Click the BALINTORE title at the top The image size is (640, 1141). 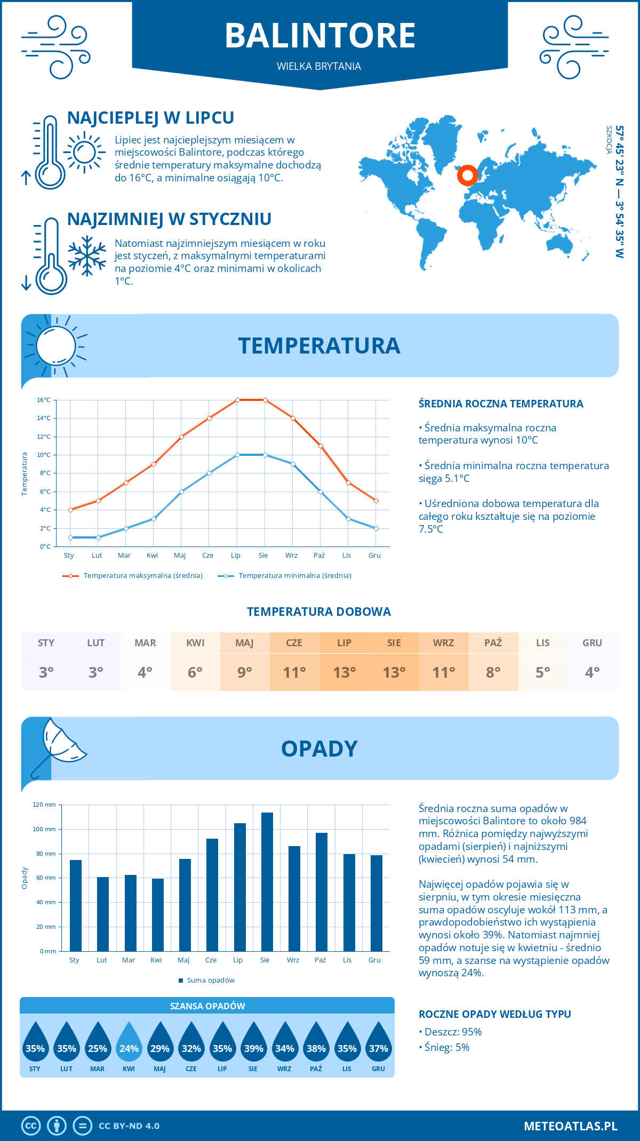pos(320,36)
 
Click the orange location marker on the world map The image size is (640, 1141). pos(468,175)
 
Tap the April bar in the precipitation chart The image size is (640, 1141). pos(157,914)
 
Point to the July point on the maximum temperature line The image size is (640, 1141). pos(237,400)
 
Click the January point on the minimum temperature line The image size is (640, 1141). pos(70,537)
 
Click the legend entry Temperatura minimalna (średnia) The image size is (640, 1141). pos(294,576)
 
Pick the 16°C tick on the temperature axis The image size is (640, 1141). pos(44,400)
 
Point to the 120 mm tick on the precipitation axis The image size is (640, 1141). pos(44,805)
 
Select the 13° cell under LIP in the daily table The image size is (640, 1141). pos(344,672)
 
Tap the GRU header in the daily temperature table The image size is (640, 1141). pos(592,643)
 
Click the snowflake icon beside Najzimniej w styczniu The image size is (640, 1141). pos(87,256)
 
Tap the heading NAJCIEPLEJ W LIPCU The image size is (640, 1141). pos(150,118)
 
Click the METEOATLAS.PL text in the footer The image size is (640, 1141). pos(570,1126)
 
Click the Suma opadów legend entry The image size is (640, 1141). pos(210,980)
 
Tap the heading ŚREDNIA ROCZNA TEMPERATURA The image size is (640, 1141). pos(501,404)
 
